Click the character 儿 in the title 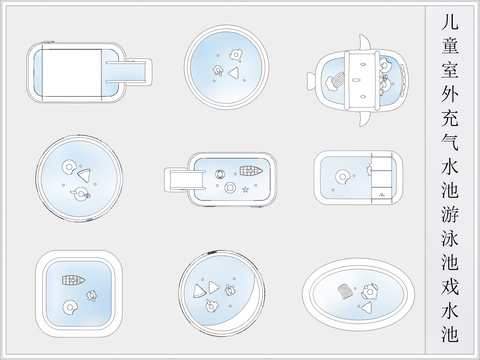450,22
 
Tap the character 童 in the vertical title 450,46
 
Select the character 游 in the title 450,214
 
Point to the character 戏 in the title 450,286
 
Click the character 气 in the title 450,142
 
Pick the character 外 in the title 450,94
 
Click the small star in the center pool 245,190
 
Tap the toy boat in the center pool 251,171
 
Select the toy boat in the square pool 73,280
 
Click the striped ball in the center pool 219,174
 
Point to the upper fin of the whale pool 365,43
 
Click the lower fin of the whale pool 365,119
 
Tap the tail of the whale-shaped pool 311,82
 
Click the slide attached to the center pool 184,179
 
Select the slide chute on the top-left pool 129,71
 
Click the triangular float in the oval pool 367,308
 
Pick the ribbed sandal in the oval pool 346,291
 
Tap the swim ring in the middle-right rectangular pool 342,177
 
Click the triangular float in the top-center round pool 234,73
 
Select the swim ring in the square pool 70,307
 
